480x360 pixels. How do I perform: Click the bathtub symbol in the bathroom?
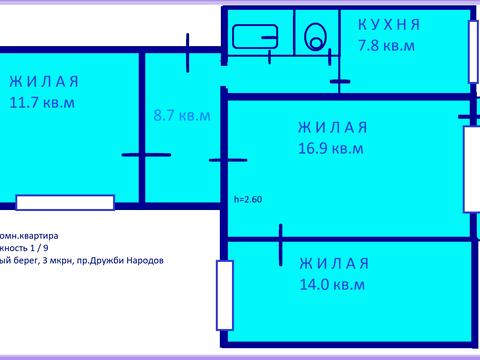(x=255, y=38)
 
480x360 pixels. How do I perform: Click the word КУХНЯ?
(x=389, y=24)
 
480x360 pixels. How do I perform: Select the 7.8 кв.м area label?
(x=386, y=45)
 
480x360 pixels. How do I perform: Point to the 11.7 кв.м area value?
(x=41, y=102)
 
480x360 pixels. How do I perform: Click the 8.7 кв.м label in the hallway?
(x=181, y=115)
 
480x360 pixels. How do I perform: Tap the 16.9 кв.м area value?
(x=330, y=148)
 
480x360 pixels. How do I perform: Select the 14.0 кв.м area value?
(x=331, y=284)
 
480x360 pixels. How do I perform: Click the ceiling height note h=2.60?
(x=248, y=198)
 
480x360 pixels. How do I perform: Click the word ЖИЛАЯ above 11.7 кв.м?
(x=43, y=82)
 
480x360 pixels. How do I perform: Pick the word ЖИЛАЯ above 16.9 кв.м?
(x=333, y=127)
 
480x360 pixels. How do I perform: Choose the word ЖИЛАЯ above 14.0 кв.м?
(x=334, y=263)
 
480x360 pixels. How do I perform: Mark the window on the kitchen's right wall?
(x=472, y=50)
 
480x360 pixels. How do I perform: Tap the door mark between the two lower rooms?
(x=281, y=238)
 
